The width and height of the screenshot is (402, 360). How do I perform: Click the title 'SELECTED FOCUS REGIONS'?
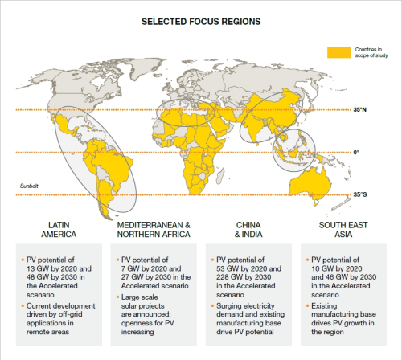click(x=201, y=21)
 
